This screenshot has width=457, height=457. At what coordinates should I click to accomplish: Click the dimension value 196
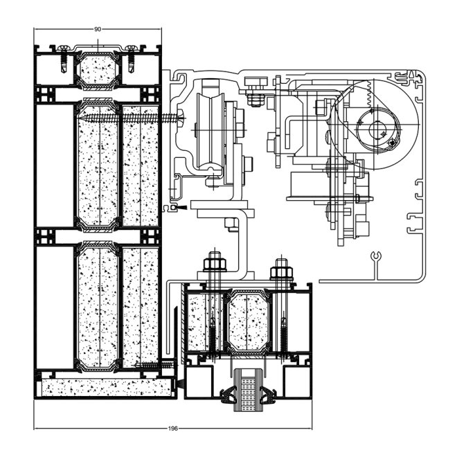coord(173,429)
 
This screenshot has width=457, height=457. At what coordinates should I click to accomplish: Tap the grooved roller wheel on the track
coord(207,128)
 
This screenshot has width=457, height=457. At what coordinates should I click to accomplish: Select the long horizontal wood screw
coord(132,119)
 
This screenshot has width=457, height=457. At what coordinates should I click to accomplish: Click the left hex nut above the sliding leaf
coord(213,265)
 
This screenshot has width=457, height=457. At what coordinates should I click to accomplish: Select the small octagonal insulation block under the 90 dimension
coord(98,69)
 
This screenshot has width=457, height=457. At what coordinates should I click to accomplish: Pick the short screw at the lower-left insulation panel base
coord(154,365)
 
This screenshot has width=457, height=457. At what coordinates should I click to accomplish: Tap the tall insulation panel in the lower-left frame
coord(97,305)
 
